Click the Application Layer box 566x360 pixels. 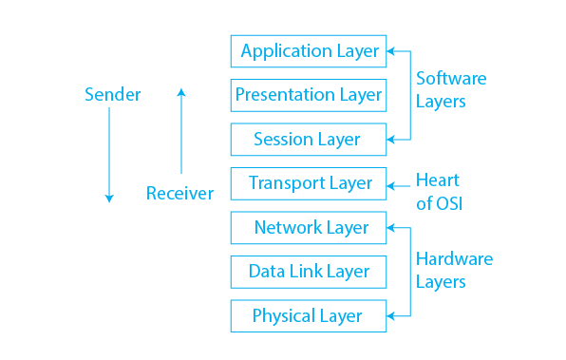309,51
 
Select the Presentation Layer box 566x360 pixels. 309,95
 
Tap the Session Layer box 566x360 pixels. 309,140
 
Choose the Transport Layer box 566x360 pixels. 309,183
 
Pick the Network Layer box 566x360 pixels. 309,228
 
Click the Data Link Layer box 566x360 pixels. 309,272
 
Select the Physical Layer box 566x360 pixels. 309,316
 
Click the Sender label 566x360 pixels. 112,94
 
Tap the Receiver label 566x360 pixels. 179,194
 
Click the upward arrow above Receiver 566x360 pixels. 181,133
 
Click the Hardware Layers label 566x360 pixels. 454,271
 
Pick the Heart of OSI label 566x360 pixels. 439,191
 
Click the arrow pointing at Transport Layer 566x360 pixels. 399,182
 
